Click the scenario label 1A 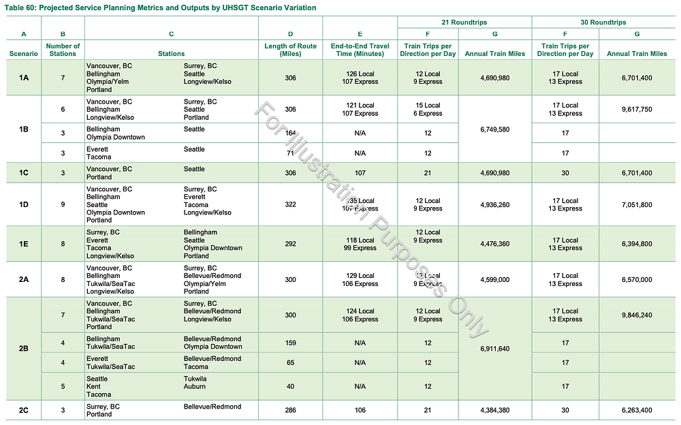coord(24,78)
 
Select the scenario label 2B coord(24,349)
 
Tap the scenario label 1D coord(24,204)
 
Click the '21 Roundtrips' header coord(464,22)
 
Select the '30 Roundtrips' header coord(603,22)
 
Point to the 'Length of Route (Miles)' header coord(291,50)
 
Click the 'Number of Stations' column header coord(63,50)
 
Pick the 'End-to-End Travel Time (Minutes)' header coord(360,50)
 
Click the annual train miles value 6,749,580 coord(494,129)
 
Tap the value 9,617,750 coord(637,109)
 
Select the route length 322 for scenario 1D coord(291,204)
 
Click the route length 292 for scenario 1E coord(291,244)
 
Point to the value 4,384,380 coord(494,410)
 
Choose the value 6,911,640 coord(494,349)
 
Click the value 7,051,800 coord(637,204)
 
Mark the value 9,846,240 coord(637,315)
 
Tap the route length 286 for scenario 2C coord(291,410)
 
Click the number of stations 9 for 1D coord(63,204)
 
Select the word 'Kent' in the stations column coord(93,386)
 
